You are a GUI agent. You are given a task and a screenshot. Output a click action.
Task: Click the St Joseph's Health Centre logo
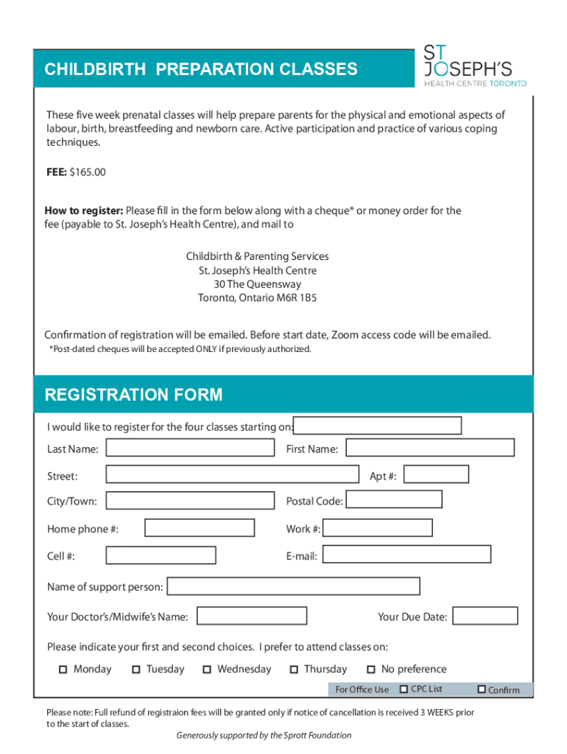tap(474, 66)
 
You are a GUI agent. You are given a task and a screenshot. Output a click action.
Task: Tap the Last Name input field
tap(190, 448)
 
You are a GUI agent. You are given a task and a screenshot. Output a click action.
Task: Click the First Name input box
tap(430, 448)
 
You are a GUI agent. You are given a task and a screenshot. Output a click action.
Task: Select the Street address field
tap(232, 475)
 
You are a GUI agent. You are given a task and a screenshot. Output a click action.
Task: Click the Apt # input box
tap(436, 475)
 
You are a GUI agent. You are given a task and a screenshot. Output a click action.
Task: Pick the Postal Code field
tap(394, 500)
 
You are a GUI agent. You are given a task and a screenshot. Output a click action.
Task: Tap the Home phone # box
tap(200, 528)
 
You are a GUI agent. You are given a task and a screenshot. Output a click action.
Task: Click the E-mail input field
tap(407, 554)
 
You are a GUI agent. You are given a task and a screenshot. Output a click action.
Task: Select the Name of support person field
tap(294, 586)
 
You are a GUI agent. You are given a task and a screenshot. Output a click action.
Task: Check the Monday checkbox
tap(63, 669)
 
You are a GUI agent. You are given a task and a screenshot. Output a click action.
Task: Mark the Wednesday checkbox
tap(207, 669)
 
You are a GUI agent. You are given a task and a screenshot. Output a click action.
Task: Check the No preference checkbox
tap(371, 669)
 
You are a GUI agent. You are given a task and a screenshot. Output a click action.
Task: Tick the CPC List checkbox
tap(404, 689)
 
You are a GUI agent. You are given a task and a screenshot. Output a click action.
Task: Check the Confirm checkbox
tap(482, 689)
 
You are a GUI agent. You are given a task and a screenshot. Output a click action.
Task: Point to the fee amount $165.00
tap(88, 172)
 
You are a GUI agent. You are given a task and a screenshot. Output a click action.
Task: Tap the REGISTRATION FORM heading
tap(133, 395)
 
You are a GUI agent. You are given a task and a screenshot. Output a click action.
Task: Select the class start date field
tap(378, 426)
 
